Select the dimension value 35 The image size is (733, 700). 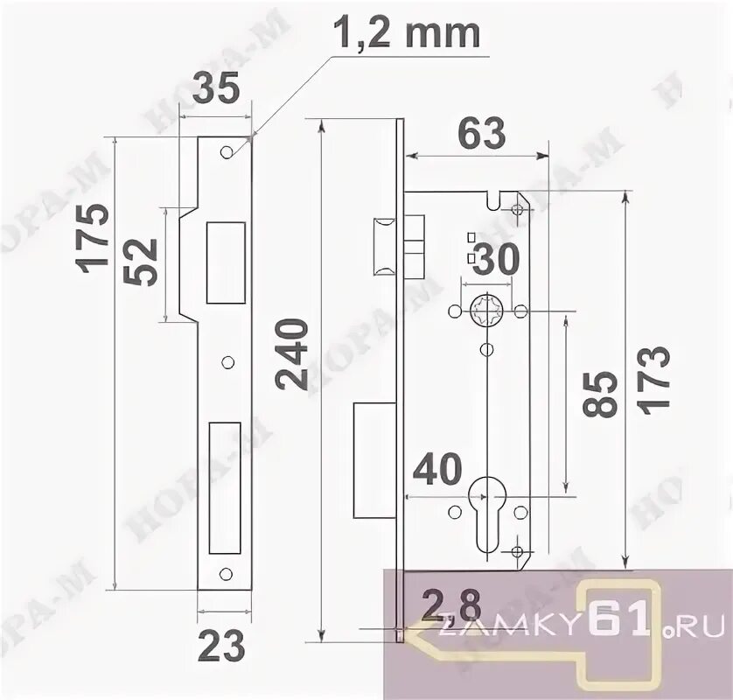(215, 89)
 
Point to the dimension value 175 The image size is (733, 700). (94, 237)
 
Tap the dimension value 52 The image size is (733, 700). (142, 262)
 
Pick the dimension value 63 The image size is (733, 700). (480, 133)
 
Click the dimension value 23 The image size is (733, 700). (220, 648)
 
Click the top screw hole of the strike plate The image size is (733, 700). (226, 151)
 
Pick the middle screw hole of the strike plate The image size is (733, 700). (228, 361)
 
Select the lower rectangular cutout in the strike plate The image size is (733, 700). (225, 487)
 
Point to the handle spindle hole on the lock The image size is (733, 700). (485, 311)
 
